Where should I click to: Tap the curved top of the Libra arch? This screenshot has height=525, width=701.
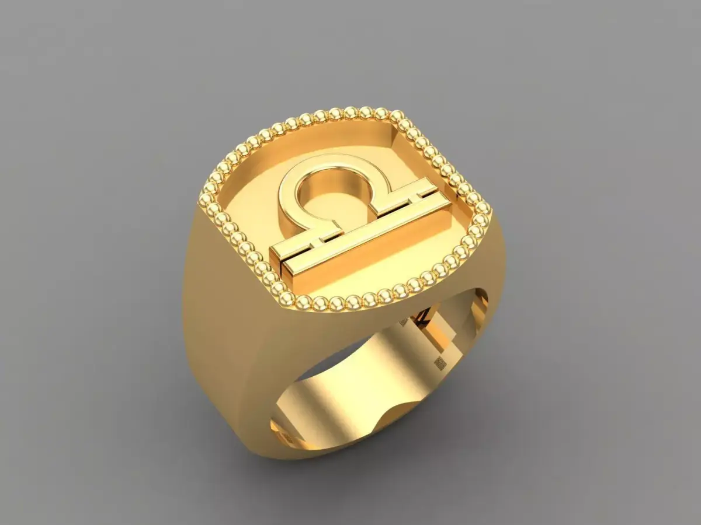click(327, 163)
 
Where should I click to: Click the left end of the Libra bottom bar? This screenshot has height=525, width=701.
click(275, 260)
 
